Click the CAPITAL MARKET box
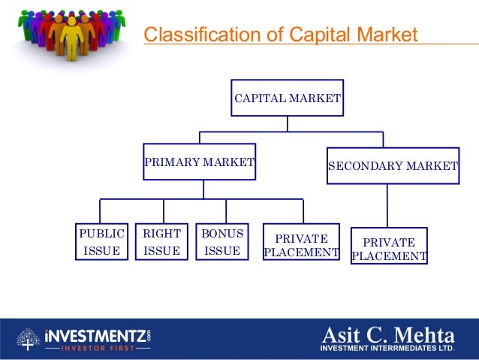[x=288, y=98]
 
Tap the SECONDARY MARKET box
[x=393, y=165]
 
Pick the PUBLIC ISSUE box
[x=101, y=241]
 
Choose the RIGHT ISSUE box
[x=161, y=241]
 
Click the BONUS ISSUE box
[x=221, y=241]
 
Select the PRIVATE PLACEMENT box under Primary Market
[x=301, y=245]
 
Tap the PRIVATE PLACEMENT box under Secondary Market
[x=389, y=249]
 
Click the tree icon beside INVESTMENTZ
[x=29, y=340]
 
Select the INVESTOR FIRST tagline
[x=98, y=348]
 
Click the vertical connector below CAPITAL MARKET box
[x=287, y=124]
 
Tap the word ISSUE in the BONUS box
[x=221, y=251]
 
